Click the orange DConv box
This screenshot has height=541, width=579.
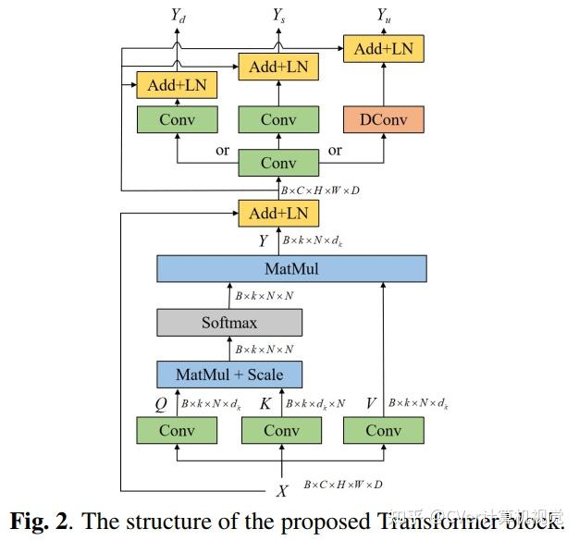pyautogui.click(x=383, y=119)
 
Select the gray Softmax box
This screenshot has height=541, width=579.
pyautogui.click(x=229, y=322)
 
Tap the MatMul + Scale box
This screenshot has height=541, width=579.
pyautogui.click(x=229, y=375)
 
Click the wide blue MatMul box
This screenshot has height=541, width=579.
pyautogui.click(x=291, y=268)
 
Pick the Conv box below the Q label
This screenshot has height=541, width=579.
pyautogui.click(x=177, y=430)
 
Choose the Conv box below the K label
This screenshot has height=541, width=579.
pyautogui.click(x=281, y=430)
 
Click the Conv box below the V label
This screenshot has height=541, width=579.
pyautogui.click(x=383, y=430)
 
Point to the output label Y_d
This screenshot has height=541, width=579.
pyautogui.click(x=178, y=16)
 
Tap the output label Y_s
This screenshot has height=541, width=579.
pyautogui.click(x=278, y=16)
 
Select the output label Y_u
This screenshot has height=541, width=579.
pyautogui.click(x=383, y=16)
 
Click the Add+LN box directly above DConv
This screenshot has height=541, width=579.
pyautogui.click(x=383, y=48)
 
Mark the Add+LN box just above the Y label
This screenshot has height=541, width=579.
pyautogui.click(x=278, y=214)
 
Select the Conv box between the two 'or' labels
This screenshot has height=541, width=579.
pyautogui.click(x=278, y=163)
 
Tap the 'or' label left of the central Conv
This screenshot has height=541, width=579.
pyautogui.click(x=222, y=150)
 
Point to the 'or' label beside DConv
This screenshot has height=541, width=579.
pyautogui.click(x=335, y=150)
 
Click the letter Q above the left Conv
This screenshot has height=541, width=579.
pyautogui.click(x=160, y=403)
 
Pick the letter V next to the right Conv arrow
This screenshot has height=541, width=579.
pyautogui.click(x=373, y=403)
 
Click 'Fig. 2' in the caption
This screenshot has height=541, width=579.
pyautogui.click(x=43, y=520)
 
